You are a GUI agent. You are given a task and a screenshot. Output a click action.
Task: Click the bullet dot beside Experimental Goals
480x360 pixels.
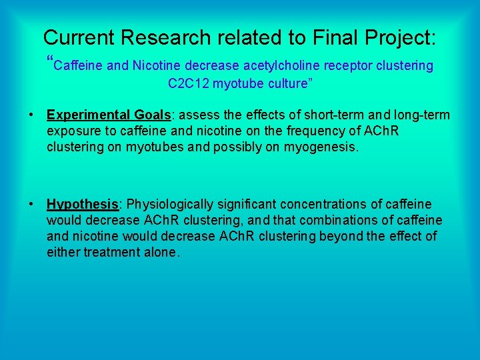[31, 115]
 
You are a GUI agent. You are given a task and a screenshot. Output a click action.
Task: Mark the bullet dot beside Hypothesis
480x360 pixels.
[31, 205]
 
